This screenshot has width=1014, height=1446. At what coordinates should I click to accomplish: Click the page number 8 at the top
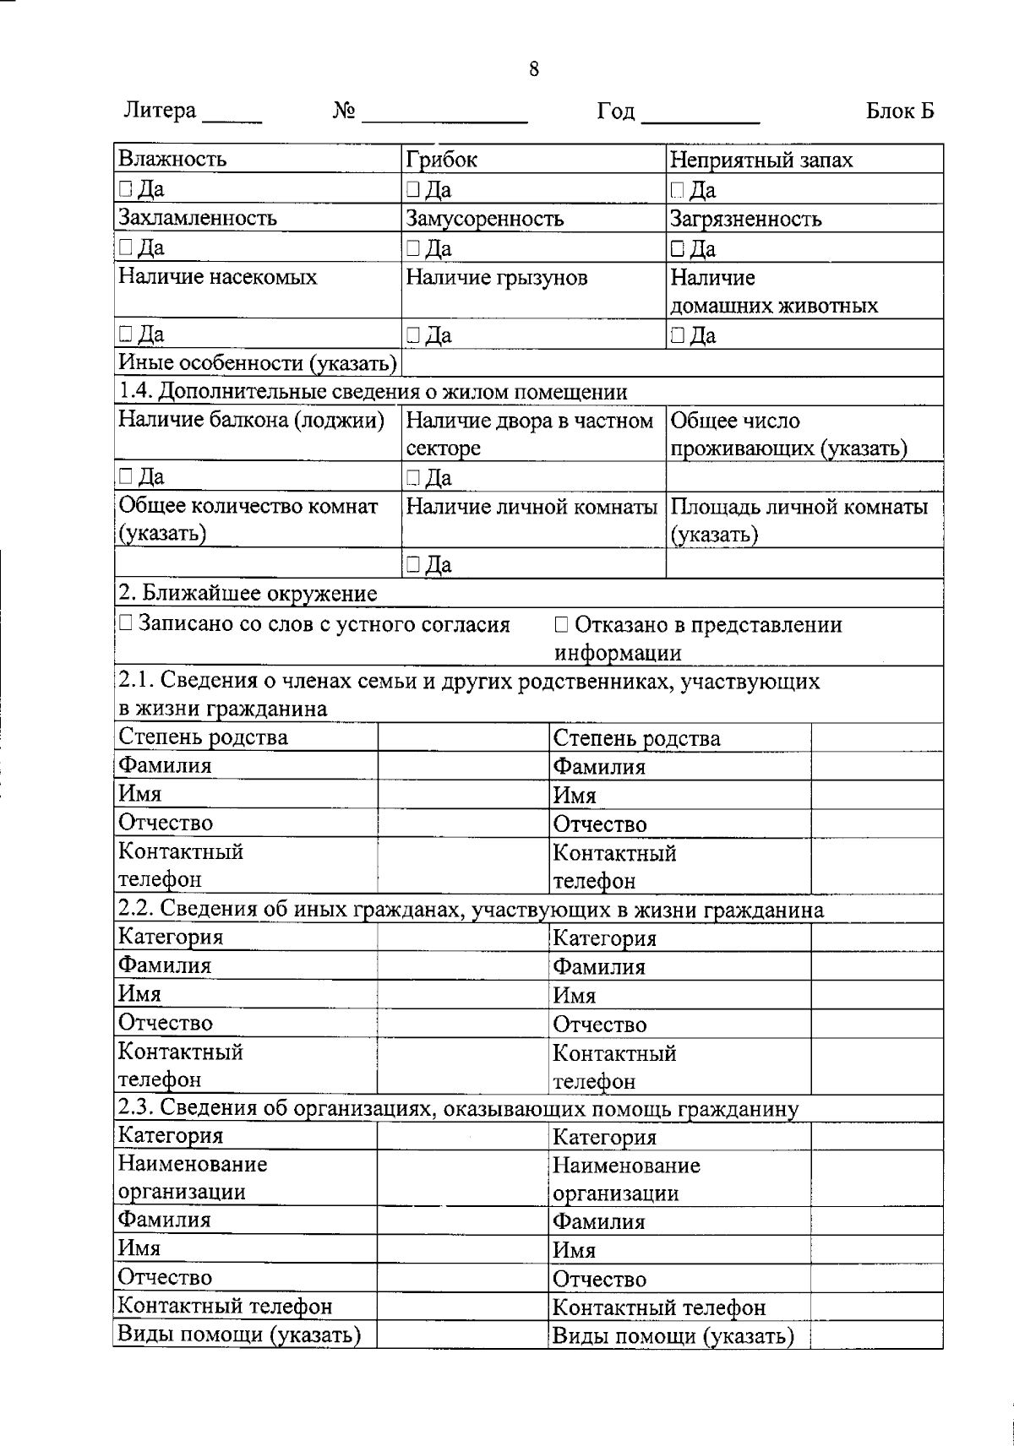[533, 69]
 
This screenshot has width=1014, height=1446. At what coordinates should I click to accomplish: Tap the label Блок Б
[900, 111]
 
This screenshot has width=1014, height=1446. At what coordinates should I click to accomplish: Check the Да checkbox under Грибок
[412, 189]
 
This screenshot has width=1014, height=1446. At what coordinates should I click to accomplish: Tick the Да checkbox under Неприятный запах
[677, 190]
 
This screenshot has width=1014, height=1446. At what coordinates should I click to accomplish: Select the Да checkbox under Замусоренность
[412, 248]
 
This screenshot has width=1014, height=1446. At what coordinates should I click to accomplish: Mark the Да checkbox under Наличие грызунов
[412, 335]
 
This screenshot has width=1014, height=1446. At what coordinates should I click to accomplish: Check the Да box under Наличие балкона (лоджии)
[125, 476]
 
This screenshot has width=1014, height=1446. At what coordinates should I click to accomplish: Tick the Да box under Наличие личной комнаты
[412, 564]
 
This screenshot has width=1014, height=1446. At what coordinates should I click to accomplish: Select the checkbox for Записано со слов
[125, 624]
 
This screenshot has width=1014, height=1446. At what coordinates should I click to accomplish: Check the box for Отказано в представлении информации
[562, 625]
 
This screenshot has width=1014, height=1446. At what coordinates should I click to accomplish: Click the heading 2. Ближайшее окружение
[247, 594]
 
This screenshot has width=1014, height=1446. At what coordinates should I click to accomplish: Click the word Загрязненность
[745, 220]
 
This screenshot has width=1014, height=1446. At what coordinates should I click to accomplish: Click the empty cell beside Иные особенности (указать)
[672, 364]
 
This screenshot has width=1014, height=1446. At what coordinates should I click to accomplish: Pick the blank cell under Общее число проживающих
[804, 476]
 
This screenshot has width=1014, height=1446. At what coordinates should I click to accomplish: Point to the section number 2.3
[134, 1108]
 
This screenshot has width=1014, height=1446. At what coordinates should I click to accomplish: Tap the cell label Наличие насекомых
[218, 277]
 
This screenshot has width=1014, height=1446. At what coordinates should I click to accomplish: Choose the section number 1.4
[134, 392]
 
